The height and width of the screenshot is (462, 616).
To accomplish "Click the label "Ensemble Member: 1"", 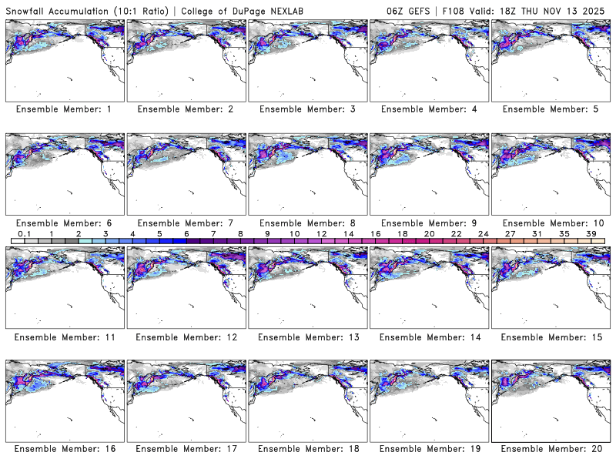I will coord(63,109).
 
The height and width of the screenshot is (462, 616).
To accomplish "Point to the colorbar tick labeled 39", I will coord(591,233).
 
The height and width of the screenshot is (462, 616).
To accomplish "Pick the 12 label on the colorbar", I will coord(321,233).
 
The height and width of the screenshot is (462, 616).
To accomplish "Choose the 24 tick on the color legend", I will coord(483,233).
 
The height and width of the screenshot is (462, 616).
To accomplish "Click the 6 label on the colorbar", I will coord(186,233).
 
